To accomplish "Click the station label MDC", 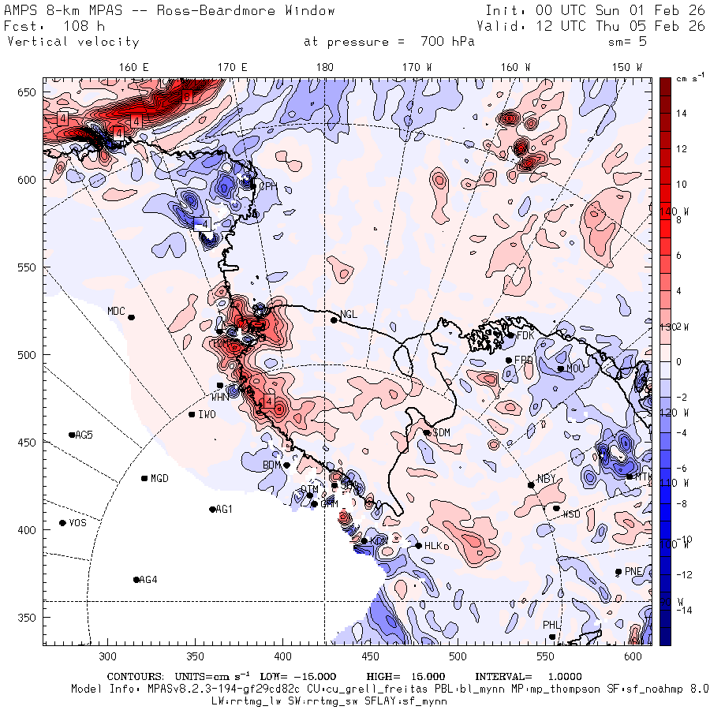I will [116, 311].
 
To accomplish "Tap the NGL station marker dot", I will [334, 319].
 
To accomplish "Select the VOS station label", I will [77, 523].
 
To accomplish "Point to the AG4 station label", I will [148, 580].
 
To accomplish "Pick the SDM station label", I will [442, 432].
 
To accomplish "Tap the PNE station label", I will [633, 571].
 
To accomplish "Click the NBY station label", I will [546, 479].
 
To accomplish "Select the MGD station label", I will [159, 478].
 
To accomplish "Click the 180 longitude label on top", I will [324, 68].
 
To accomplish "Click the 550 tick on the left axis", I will [29, 267].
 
